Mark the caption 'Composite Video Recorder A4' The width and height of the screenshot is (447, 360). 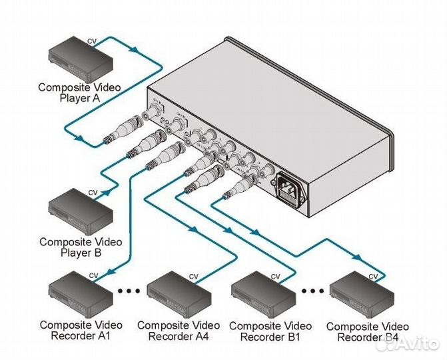point(178,331)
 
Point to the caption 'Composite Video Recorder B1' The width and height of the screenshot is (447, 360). point(269,331)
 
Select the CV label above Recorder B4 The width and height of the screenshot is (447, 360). point(374,275)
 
